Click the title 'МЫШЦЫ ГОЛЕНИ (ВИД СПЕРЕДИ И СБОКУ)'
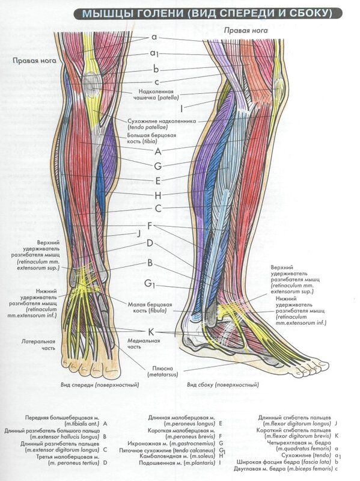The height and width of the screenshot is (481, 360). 207,13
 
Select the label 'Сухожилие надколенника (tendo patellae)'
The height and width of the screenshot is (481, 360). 162,124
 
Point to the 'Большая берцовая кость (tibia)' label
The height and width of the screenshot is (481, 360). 151,138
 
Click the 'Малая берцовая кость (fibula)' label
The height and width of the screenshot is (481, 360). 150,307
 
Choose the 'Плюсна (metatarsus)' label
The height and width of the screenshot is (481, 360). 162,372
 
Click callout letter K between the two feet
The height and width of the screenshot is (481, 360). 151,332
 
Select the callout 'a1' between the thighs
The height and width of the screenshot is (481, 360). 154,54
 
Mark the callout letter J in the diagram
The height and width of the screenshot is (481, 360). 139,234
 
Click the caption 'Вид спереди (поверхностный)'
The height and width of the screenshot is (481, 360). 100,385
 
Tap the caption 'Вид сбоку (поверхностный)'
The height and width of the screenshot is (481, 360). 223,385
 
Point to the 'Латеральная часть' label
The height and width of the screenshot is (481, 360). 38,345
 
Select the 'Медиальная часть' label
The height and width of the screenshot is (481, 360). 144,343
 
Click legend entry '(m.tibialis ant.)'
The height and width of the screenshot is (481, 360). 82,424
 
